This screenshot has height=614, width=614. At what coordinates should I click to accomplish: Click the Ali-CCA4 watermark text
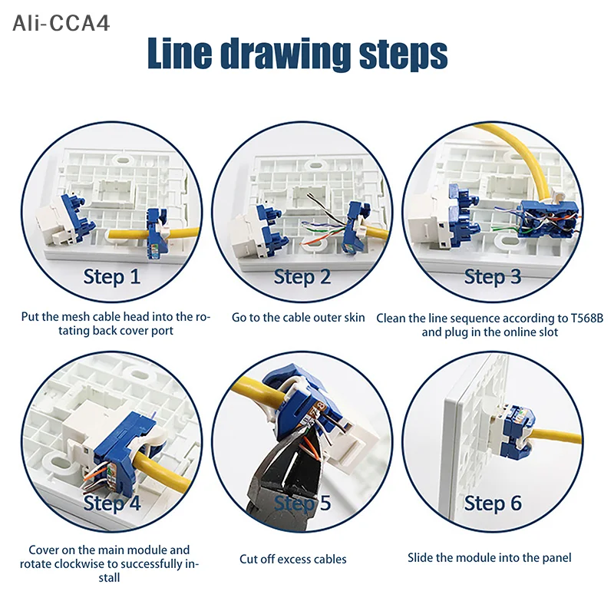(61, 23)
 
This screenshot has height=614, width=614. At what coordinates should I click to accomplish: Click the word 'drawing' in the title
(286, 54)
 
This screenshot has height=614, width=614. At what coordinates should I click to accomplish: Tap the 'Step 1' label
(112, 276)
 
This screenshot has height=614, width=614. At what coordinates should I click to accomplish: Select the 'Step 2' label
(302, 276)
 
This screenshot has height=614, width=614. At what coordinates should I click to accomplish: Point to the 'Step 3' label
(493, 276)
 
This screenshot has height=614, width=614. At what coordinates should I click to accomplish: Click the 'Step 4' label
(112, 503)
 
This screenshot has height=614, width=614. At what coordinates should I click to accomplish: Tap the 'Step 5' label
(302, 503)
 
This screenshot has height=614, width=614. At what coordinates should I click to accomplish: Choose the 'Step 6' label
(493, 503)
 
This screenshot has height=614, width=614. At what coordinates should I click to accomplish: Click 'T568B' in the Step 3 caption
(586, 318)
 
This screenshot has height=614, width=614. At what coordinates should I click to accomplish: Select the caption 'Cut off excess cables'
(293, 559)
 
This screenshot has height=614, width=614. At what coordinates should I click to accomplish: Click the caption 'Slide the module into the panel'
(490, 558)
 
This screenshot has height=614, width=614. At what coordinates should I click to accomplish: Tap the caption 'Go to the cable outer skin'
(298, 317)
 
